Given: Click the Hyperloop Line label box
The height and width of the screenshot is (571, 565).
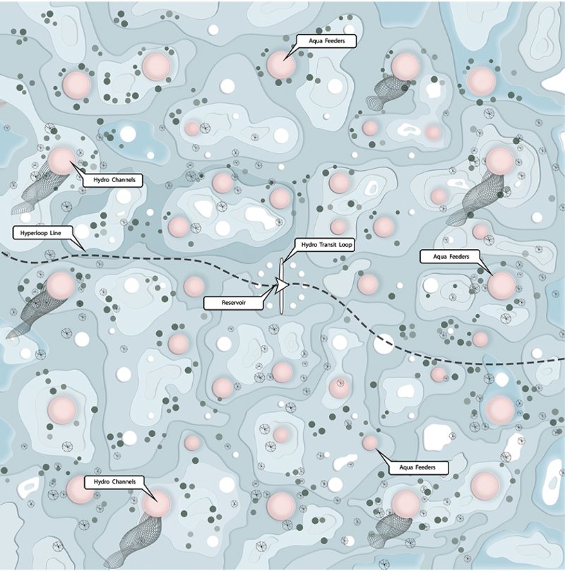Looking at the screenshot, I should [37, 232].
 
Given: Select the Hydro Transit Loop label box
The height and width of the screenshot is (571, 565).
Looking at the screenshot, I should [323, 244].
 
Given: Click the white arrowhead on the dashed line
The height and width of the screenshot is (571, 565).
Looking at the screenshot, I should [282, 286].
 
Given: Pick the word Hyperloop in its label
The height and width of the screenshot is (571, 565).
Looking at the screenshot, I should [30, 232].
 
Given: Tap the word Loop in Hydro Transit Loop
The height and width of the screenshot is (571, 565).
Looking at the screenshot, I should [345, 244].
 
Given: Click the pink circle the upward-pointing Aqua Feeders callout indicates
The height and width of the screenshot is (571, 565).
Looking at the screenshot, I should [369, 443].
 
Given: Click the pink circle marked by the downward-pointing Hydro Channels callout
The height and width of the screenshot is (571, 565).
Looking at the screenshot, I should [156, 504].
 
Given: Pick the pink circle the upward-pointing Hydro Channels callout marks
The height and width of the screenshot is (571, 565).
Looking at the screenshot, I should [61, 160].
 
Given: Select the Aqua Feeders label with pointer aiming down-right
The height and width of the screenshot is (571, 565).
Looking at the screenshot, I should [450, 256].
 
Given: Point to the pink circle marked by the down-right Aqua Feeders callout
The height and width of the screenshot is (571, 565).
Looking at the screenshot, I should [501, 284].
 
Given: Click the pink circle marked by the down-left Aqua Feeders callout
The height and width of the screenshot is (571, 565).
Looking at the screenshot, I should [280, 64].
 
